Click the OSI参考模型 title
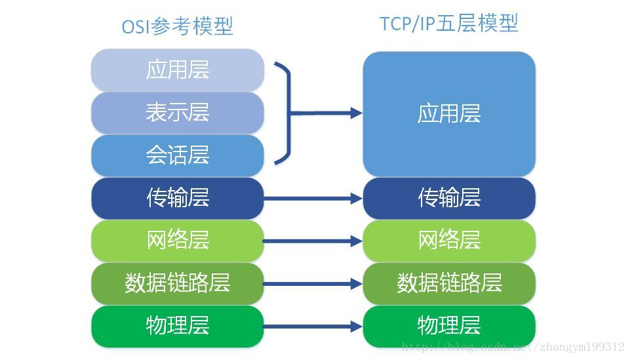177,26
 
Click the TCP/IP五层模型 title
449,24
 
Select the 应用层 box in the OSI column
177,70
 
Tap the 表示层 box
177,113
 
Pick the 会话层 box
177,155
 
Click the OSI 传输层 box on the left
177,198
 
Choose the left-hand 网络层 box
177,241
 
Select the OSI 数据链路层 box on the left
177,283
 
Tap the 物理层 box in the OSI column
177,326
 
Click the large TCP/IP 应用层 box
449,113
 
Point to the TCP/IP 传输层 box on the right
449,198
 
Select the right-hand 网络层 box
449,241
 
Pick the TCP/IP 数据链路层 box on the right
449,283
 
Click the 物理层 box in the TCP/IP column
449,326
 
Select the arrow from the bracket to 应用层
328,113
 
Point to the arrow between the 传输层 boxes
313,198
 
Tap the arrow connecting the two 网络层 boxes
313,241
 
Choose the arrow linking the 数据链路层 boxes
313,284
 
